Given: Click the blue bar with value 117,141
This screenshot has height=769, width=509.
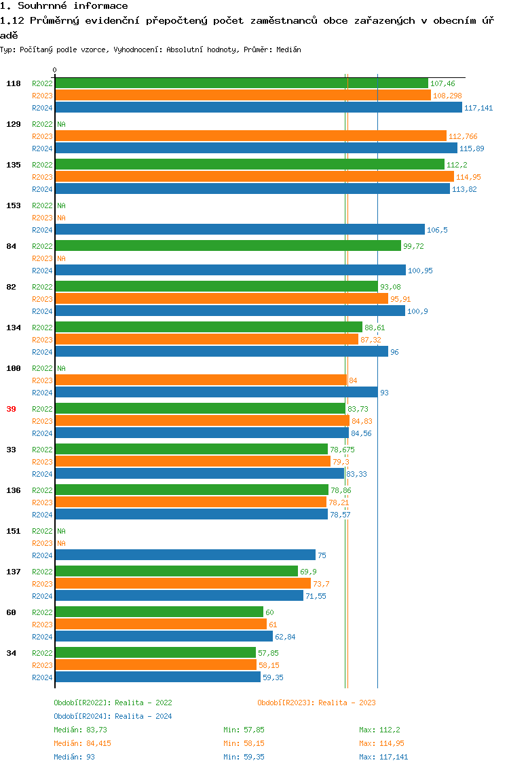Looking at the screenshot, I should pos(258,108).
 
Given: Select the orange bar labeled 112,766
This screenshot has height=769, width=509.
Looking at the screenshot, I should pos(250,136).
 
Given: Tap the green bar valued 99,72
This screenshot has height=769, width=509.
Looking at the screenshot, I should pos(228,246).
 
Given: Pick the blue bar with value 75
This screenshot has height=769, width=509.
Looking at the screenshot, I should pos(185,555).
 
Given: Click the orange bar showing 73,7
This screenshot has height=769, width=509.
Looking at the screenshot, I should pos(183,584).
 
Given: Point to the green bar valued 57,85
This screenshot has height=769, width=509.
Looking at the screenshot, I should pos(155,653).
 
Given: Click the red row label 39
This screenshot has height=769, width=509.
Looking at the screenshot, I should pos(11,409).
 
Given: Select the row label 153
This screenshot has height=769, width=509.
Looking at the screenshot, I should pos(13,205).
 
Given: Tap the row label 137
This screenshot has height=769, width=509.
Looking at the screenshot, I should pos(13,572).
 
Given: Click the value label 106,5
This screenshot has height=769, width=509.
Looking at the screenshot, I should pos(437,230).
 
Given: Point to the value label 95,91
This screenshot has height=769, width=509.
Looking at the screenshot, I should pos(400,299).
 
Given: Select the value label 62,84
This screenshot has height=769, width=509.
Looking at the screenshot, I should pos(285,637).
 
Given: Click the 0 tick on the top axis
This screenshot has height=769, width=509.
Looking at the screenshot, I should pos(55,70).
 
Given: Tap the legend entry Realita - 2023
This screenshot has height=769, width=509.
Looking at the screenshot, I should pos(316,703).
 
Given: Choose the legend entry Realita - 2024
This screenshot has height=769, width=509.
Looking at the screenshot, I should pos(113,716).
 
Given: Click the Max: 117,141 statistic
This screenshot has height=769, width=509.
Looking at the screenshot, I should pos(383,757).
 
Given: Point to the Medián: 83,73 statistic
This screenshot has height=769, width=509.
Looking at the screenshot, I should pos(81,730).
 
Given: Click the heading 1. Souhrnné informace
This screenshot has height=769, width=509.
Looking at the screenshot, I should pos(64,6).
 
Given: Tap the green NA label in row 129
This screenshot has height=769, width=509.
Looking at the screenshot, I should pos(61,124).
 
